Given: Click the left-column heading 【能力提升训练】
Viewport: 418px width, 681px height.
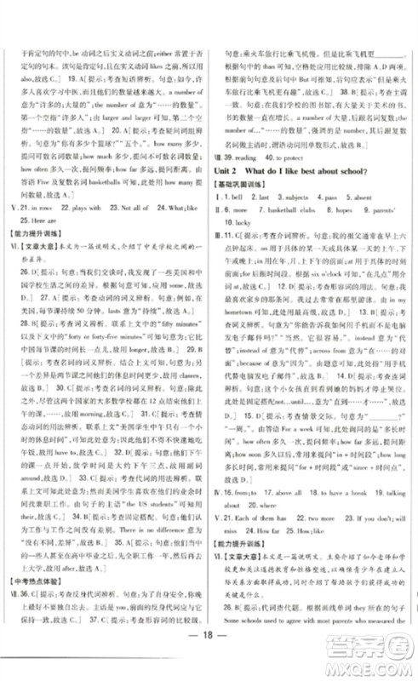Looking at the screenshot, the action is pyautogui.click(x=38, y=258).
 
